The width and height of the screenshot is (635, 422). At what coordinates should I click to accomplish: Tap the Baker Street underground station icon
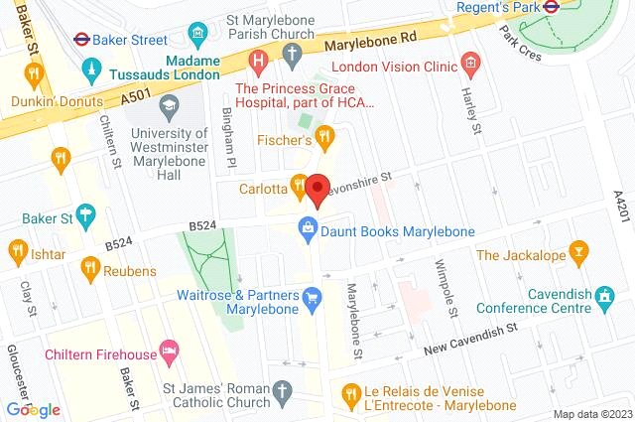[x=83, y=40]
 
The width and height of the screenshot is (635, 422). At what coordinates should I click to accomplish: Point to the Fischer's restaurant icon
[x=322, y=137]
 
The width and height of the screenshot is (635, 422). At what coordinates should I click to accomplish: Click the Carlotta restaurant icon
[x=298, y=183]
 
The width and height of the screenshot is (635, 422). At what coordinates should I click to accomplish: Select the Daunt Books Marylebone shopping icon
[x=309, y=230]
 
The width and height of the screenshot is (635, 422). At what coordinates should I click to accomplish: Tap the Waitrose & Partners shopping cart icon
[x=313, y=296]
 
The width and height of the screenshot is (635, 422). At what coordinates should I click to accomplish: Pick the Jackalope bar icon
[x=577, y=256]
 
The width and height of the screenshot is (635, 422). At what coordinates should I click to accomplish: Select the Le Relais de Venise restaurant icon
[x=348, y=394]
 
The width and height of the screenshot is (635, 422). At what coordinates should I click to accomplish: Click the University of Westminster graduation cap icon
[x=170, y=105]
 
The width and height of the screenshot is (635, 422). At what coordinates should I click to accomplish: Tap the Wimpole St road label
[x=448, y=288]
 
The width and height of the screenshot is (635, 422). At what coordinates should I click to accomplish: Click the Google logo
[x=33, y=409]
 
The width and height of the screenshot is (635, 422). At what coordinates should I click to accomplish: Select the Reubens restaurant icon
[x=91, y=266]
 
